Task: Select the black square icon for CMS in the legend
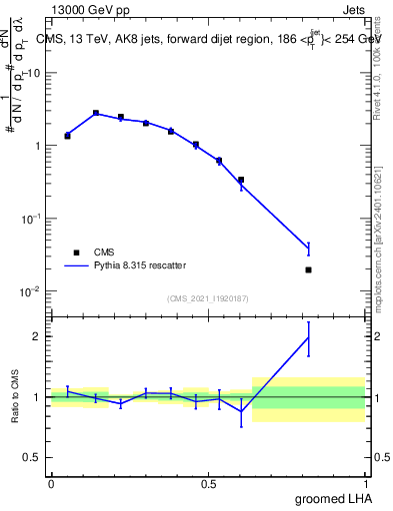[x=76, y=253]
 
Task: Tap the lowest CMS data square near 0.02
[x=308, y=269]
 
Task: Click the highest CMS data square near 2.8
[x=96, y=113]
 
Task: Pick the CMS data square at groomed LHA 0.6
[x=241, y=180]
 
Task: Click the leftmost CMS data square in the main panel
[x=68, y=135]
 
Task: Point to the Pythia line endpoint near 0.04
[x=308, y=248]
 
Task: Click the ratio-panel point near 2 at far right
[x=308, y=337]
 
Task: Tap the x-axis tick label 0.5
[x=209, y=482]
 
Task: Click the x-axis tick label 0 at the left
[x=51, y=482]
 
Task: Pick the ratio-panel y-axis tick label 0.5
[x=32, y=457]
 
